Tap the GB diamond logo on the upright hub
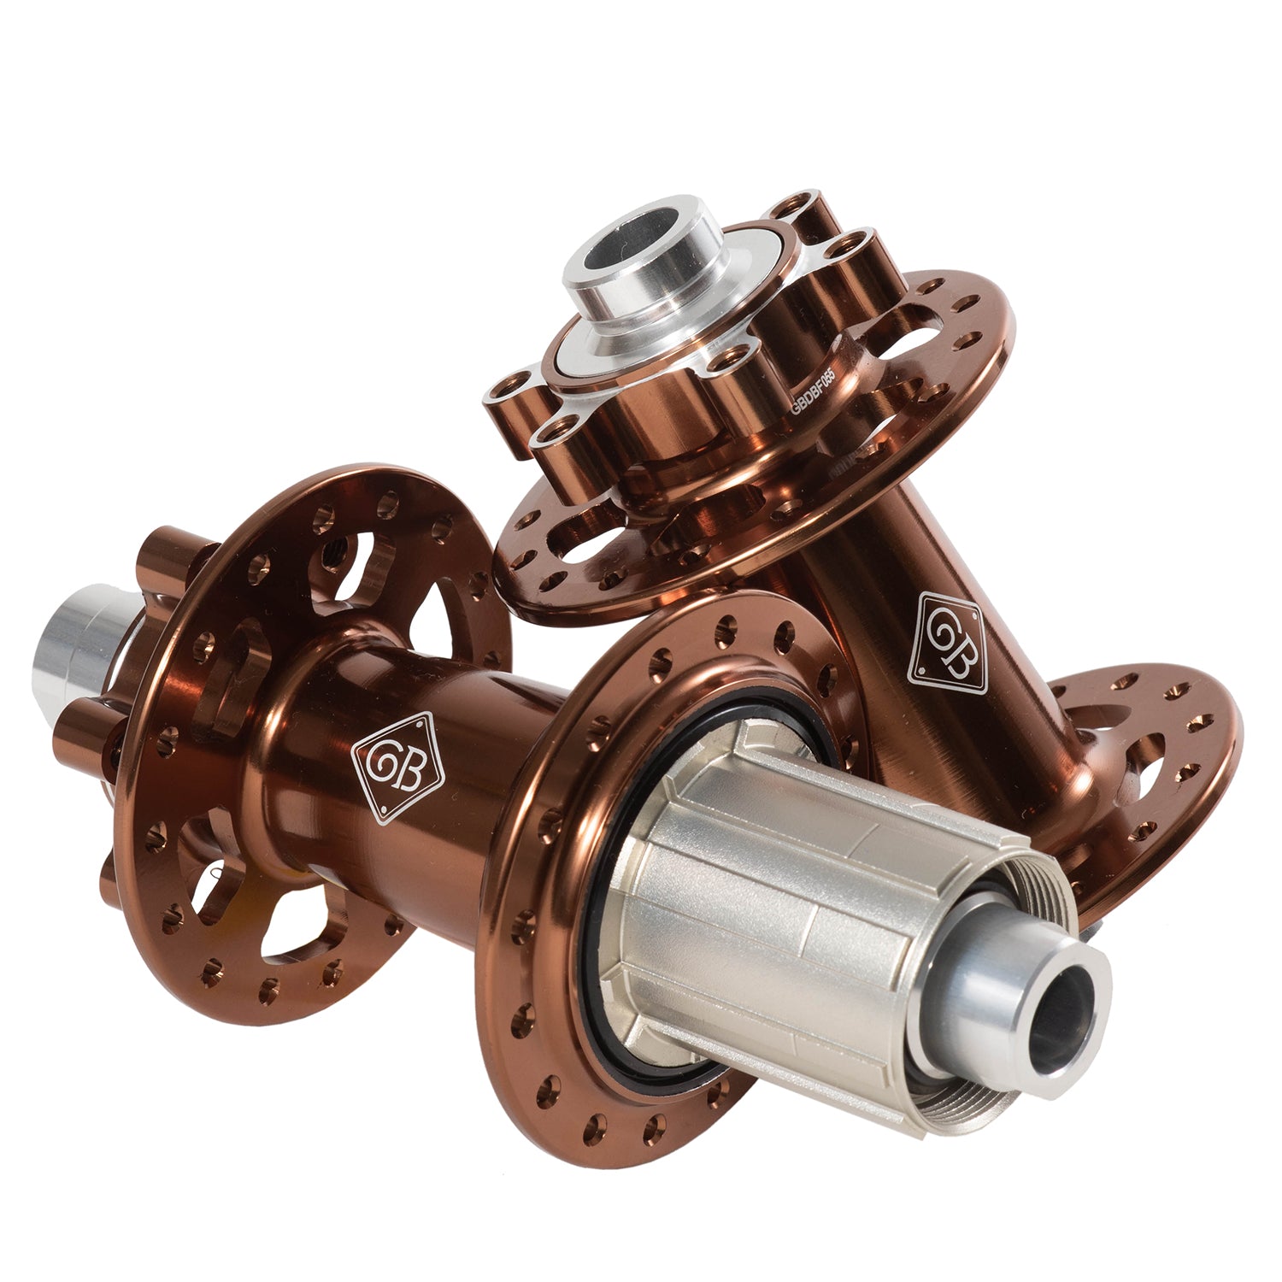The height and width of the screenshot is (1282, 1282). point(948,643)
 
